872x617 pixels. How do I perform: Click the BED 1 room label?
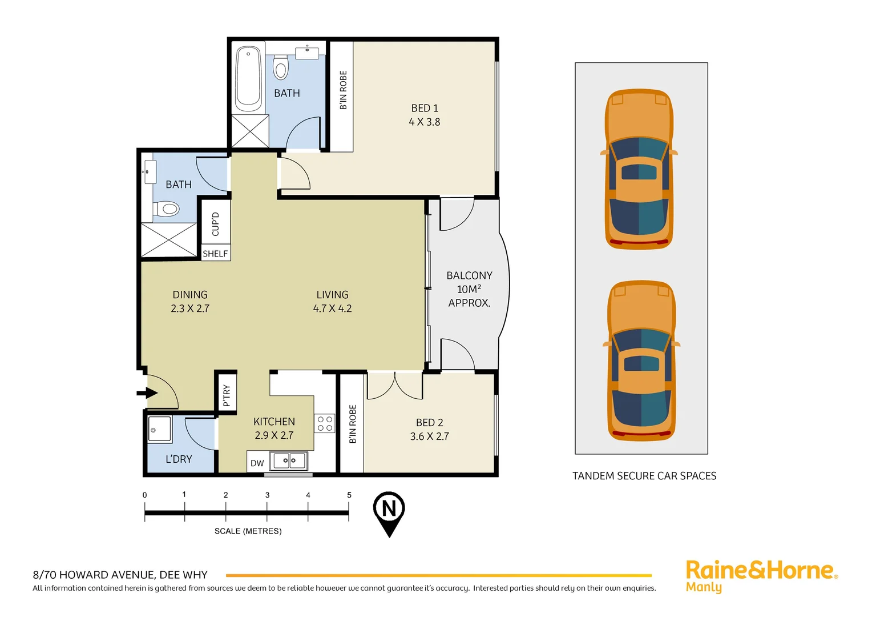click(425, 108)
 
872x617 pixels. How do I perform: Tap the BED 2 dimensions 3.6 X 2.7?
click(429, 436)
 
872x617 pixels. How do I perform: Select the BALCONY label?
click(469, 275)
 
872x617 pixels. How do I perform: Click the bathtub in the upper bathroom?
click(249, 79)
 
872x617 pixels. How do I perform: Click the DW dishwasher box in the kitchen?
click(257, 463)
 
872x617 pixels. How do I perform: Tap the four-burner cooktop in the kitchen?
click(325, 424)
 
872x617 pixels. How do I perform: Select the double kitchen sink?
click(289, 460)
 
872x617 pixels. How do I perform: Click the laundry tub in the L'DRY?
click(160, 429)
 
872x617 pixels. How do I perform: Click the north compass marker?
click(389, 510)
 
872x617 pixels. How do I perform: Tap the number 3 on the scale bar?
click(267, 495)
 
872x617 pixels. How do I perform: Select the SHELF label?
click(215, 254)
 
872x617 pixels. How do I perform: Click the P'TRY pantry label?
click(227, 395)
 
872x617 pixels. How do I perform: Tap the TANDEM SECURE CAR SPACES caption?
click(644, 476)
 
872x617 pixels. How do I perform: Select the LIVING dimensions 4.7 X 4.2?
click(332, 308)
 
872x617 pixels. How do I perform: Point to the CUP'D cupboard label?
click(215, 224)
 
